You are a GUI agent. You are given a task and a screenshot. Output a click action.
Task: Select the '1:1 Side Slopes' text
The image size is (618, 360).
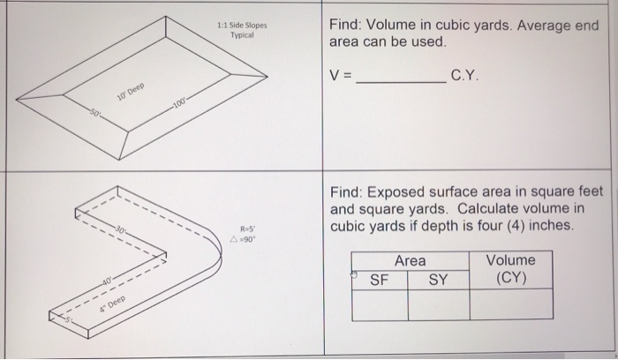pos(242,26)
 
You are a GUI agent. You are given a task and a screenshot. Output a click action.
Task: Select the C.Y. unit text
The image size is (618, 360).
pos(465,77)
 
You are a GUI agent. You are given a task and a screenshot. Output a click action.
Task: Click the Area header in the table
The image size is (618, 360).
pos(410,260)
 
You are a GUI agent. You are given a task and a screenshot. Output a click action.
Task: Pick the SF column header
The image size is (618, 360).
pos(380,280)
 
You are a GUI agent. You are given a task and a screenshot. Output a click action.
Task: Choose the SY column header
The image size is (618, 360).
pos(438,280)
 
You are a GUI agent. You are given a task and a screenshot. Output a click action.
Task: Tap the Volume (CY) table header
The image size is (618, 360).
pos(510,269)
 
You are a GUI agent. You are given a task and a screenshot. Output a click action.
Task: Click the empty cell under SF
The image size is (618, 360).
pos(380,304)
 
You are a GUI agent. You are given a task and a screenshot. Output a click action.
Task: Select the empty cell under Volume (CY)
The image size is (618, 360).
pos(510,304)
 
